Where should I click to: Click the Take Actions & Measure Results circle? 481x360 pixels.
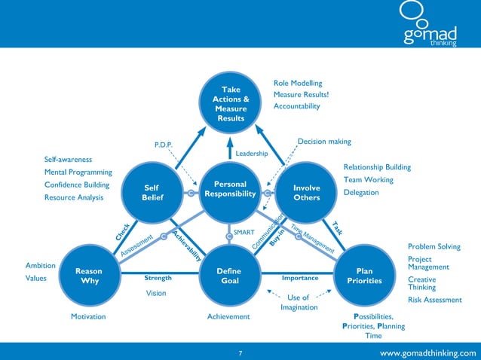[231, 104]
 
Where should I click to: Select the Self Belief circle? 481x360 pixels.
[152, 193]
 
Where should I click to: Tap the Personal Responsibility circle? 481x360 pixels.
[231, 193]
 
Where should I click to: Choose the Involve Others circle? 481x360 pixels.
[307, 193]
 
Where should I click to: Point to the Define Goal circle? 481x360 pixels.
[228, 276]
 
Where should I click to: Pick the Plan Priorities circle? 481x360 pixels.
[364, 276]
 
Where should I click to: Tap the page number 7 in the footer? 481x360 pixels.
[240, 352]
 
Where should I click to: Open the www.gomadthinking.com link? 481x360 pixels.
[428, 352]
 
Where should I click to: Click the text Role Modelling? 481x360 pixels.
[298, 83]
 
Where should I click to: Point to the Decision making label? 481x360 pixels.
[324, 141]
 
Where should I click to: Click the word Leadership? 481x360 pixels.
[252, 153]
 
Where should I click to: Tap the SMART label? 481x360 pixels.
[244, 233]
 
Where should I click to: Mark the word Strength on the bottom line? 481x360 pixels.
[158, 278]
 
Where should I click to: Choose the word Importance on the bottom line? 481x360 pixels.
[299, 278]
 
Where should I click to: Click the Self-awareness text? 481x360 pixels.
[68, 160]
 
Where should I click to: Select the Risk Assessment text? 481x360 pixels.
[434, 300]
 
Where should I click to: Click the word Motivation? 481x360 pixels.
[88, 317]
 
